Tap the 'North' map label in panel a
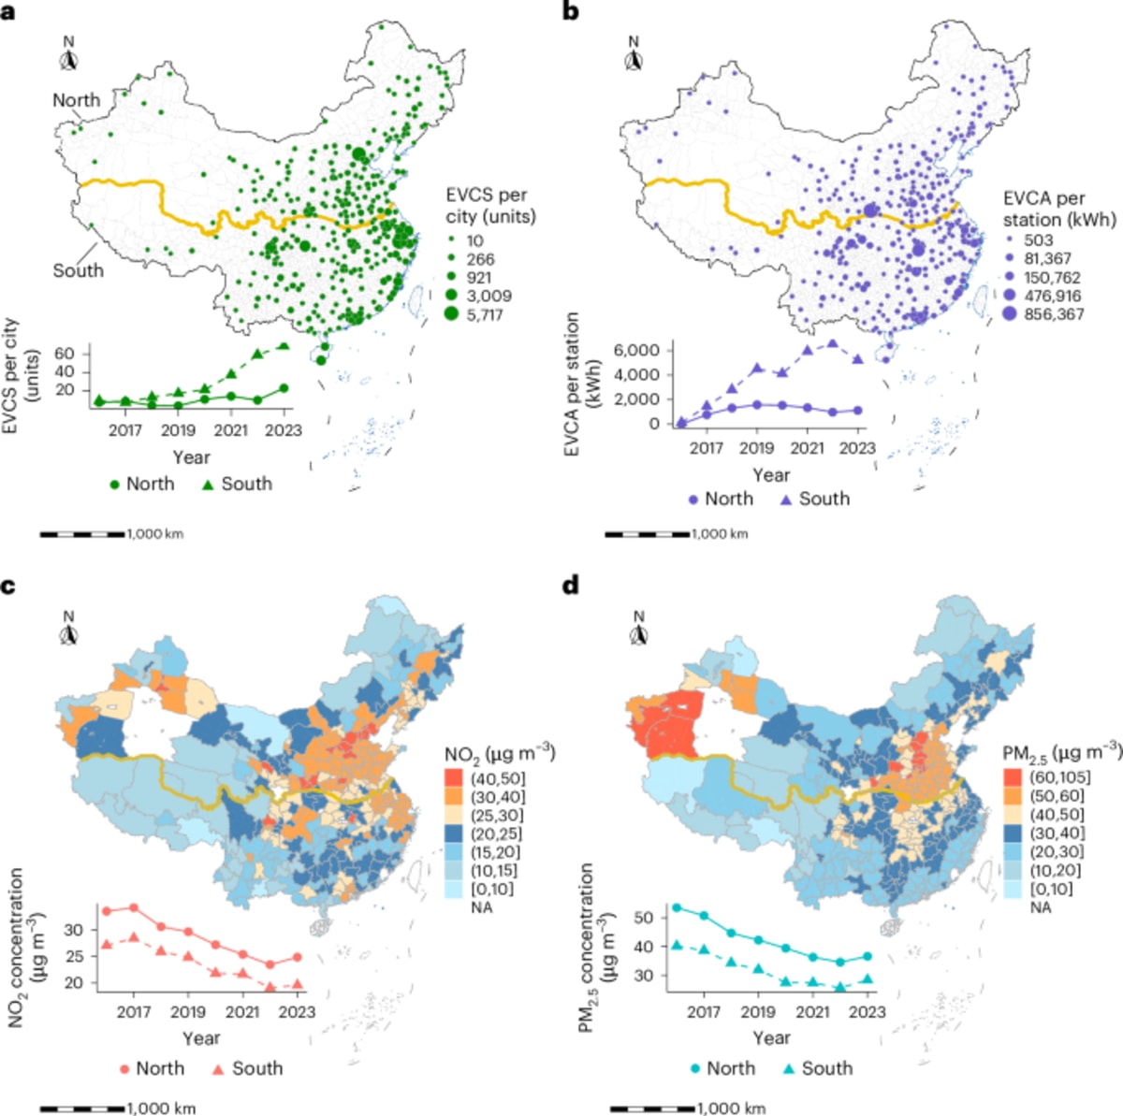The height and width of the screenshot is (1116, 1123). (x=76, y=100)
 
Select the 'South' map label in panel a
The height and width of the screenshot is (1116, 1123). (x=78, y=270)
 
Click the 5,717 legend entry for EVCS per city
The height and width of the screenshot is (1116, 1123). (x=484, y=314)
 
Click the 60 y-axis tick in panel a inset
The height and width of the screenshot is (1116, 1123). (x=65, y=353)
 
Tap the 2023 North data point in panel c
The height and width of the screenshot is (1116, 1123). (x=298, y=957)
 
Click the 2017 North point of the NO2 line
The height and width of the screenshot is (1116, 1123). (x=134, y=907)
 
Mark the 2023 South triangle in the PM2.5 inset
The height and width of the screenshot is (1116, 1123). (x=868, y=979)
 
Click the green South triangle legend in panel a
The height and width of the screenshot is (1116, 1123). (x=208, y=484)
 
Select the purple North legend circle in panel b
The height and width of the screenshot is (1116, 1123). (x=693, y=500)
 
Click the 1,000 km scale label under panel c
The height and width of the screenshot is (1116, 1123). (x=161, y=1109)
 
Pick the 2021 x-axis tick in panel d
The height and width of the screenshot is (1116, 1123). (x=812, y=1012)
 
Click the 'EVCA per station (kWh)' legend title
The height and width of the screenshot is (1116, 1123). (x=1059, y=209)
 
